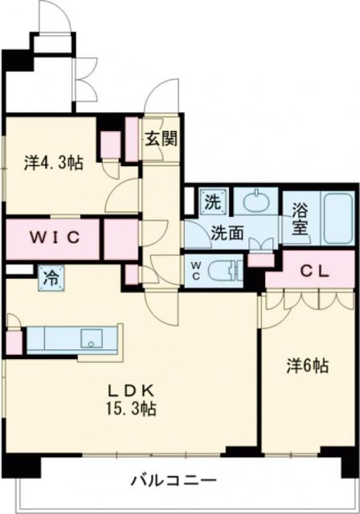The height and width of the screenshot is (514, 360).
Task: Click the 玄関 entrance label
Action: [x=161, y=138]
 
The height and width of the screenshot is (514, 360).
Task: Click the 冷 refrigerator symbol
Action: [x=50, y=279]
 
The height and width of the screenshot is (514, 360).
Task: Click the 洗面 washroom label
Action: [x=227, y=234]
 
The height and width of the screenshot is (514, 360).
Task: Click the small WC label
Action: [x=196, y=267]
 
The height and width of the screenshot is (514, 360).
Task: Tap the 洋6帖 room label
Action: [x=307, y=365]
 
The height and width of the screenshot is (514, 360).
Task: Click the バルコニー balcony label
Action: [x=174, y=481]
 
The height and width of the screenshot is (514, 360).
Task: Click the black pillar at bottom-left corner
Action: [x=18, y=464]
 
